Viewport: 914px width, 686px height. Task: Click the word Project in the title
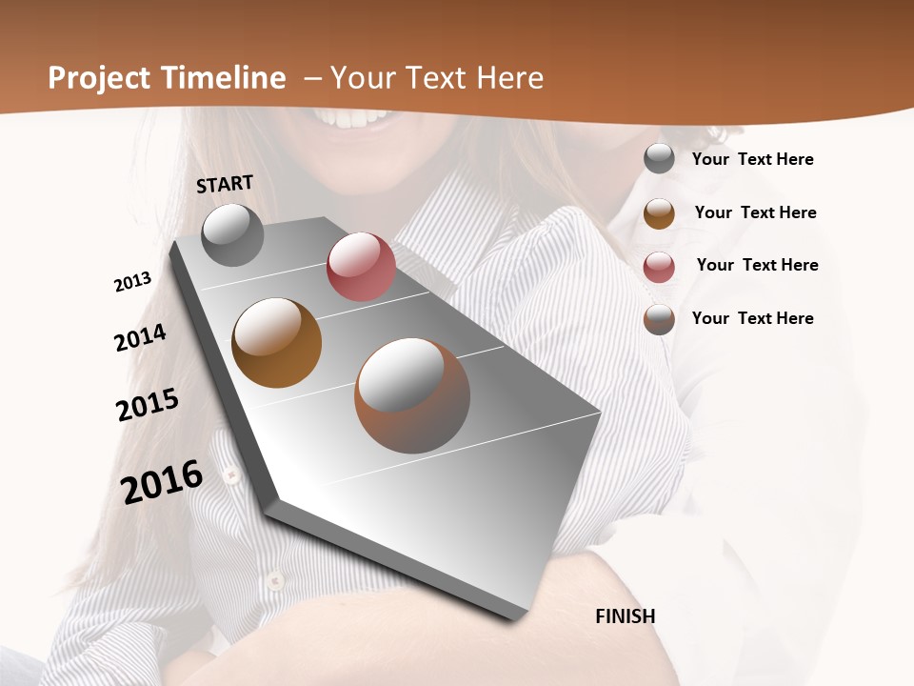click(x=98, y=78)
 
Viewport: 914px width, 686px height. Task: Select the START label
click(x=225, y=184)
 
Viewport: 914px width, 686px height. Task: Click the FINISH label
click(x=626, y=615)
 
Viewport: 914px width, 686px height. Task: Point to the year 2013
click(x=133, y=282)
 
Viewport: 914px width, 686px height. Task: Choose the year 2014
click(x=141, y=337)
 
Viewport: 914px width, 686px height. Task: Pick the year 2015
click(x=148, y=405)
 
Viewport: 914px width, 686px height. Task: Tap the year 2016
click(x=162, y=481)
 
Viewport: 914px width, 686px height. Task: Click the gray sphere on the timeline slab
click(x=233, y=235)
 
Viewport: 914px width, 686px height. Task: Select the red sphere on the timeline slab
click(x=361, y=267)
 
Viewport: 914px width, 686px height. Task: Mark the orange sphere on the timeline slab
click(x=276, y=343)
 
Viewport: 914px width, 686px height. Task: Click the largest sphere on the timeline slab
click(x=412, y=395)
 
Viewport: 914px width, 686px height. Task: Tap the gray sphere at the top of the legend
click(x=659, y=159)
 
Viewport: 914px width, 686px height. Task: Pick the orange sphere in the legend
click(x=659, y=213)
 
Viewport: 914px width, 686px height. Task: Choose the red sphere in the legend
click(x=659, y=267)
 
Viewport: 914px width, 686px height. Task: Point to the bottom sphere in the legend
click(x=659, y=319)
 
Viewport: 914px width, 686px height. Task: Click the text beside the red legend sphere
click(x=757, y=265)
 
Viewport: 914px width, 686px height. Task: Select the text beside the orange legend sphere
click(x=755, y=212)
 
